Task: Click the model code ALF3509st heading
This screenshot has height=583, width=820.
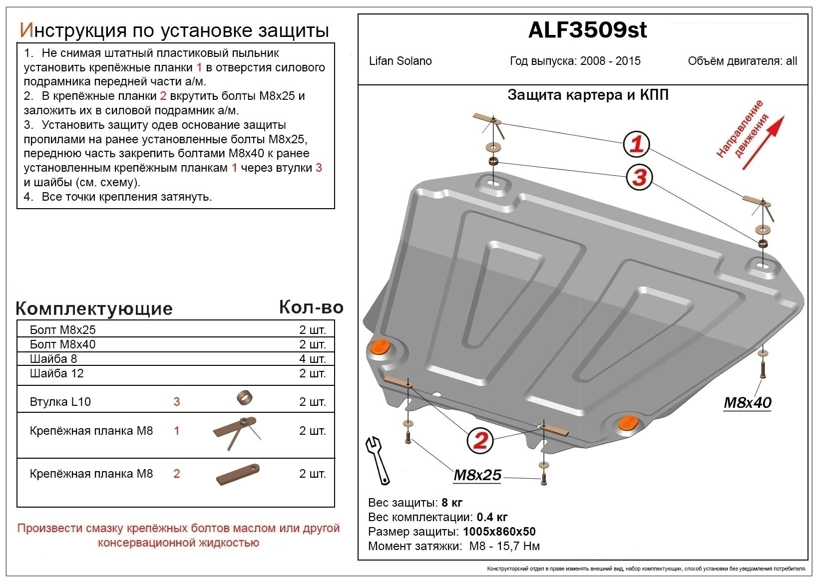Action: [x=587, y=30]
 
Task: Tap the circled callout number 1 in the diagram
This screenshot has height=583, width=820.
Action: [x=636, y=145]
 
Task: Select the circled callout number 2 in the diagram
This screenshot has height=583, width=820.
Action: [x=480, y=440]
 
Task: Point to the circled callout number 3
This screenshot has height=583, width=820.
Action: [x=639, y=177]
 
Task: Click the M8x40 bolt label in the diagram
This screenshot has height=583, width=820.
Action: [x=748, y=402]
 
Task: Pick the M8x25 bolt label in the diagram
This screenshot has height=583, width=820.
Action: [x=477, y=475]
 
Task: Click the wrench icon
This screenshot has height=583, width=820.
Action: [x=378, y=460]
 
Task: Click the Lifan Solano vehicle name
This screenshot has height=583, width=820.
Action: [x=400, y=61]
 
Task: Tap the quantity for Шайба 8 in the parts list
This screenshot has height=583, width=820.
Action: [x=312, y=359]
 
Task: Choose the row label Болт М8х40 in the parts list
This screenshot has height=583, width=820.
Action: [x=62, y=344]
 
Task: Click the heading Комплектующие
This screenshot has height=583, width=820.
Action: [x=94, y=308]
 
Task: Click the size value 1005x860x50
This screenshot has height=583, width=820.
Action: [x=499, y=532]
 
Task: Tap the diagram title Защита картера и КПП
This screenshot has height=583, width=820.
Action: [x=588, y=95]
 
